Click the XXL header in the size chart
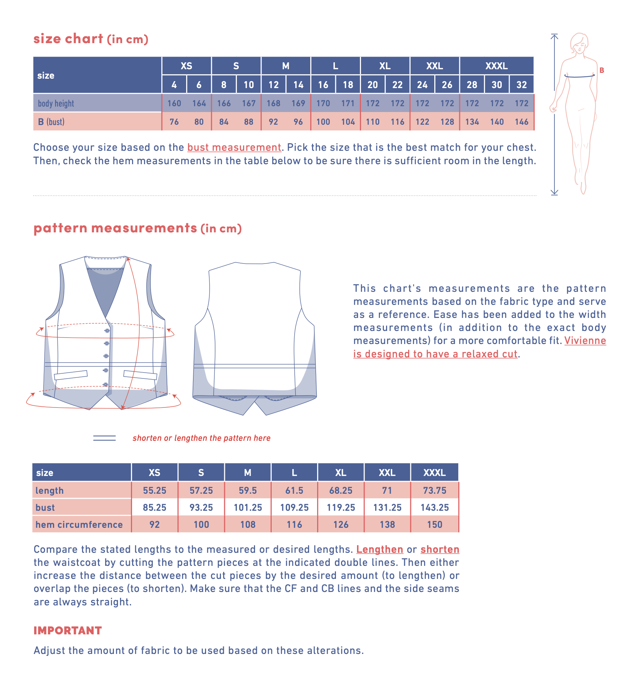coord(434,66)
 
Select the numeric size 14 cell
coord(298,85)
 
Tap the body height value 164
coord(199,103)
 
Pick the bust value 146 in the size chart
coord(521,122)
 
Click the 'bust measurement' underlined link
coord(234,147)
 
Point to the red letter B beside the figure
coord(602,70)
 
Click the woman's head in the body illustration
coord(579,43)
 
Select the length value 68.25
coord(341,490)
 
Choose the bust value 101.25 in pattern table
coord(248,507)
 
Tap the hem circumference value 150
coord(434,525)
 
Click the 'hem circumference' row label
coord(79,525)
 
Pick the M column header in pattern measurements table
coord(248,473)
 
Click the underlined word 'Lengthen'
coord(380,550)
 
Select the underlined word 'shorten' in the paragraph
coord(440,550)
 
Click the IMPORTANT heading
coord(67,630)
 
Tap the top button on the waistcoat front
coord(107,331)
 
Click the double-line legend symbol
coord(104,438)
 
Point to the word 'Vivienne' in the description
coord(585,341)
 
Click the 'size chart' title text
coord(68,39)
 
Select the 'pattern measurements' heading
coord(115,228)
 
